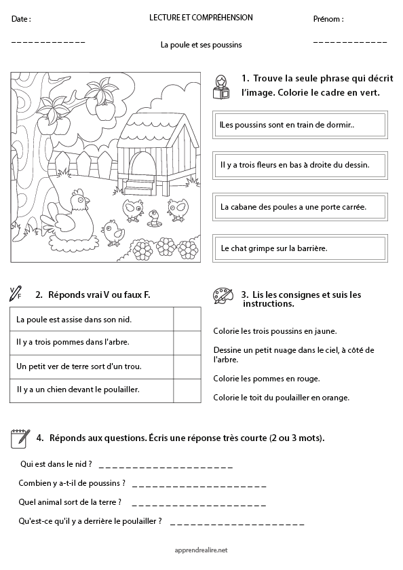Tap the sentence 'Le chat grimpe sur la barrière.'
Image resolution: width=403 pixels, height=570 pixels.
tap(299, 248)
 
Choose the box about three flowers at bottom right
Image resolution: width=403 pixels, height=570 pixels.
tap(299, 164)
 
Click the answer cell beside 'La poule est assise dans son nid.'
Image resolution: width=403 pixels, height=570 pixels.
tap(187, 319)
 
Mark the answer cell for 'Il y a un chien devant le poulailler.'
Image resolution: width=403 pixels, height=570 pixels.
tap(187, 389)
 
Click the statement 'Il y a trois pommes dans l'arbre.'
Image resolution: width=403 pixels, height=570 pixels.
tap(92, 342)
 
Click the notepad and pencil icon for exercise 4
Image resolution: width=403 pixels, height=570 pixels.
tap(20, 439)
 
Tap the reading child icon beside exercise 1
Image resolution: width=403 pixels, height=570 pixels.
tap(221, 87)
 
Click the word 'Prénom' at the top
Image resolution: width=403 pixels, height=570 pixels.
tap(328, 19)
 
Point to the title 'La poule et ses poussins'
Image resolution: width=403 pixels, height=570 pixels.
tap(201, 45)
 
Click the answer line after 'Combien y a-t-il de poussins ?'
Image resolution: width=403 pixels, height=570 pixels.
tap(199, 486)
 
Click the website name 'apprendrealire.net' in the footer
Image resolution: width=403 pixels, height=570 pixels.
tap(201, 550)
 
